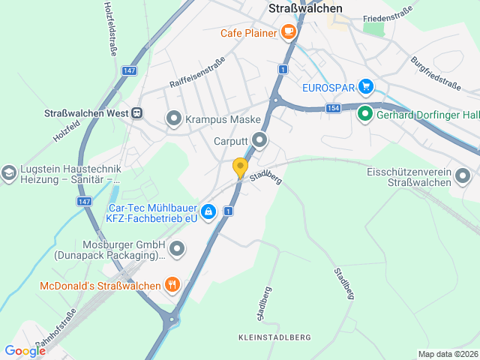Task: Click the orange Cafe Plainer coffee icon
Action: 288,32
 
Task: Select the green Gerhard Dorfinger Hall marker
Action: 365,114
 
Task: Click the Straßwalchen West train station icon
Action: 136,113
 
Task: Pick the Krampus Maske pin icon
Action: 174,118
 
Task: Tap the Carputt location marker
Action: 259,139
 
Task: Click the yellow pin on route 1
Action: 240,167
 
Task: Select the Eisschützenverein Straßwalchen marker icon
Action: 463,178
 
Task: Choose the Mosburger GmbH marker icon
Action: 176,247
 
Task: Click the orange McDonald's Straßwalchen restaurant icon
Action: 172,285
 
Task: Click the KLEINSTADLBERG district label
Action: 274,337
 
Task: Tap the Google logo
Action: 25,350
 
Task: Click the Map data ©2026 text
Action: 447,354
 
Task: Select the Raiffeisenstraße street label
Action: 197,73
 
